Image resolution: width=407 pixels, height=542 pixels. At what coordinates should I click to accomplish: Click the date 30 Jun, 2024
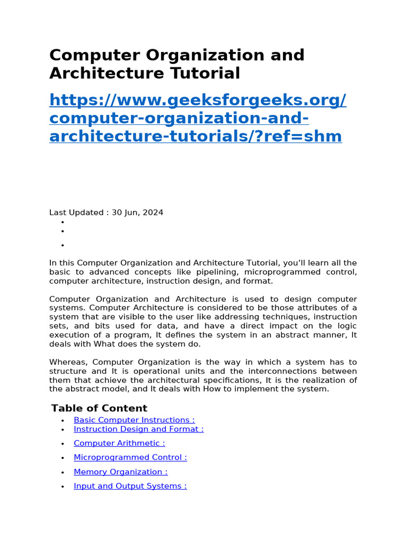(137, 213)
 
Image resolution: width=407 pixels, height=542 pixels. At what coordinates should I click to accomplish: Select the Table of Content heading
(99, 408)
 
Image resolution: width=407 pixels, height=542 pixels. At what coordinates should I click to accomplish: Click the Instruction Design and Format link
(138, 429)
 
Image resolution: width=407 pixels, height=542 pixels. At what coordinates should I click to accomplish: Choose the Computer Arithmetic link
(119, 444)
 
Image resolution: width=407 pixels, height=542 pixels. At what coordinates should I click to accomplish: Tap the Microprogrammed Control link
(130, 457)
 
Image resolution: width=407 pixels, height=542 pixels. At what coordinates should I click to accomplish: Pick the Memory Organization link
(120, 472)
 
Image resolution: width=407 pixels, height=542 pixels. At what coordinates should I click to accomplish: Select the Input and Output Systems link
(130, 486)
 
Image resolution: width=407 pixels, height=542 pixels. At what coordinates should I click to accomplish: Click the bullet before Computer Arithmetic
(63, 444)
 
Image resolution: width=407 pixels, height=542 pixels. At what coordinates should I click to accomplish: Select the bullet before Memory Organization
(63, 472)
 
